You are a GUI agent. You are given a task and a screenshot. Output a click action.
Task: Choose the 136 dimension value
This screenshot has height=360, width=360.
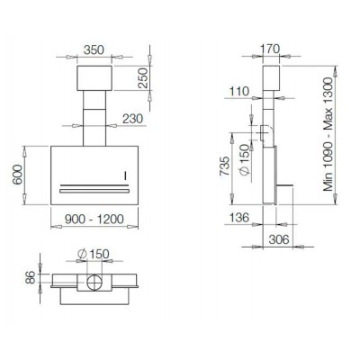pyautogui.click(x=239, y=219)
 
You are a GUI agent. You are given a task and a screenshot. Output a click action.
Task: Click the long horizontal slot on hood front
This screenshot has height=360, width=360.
pyautogui.click(x=93, y=191)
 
